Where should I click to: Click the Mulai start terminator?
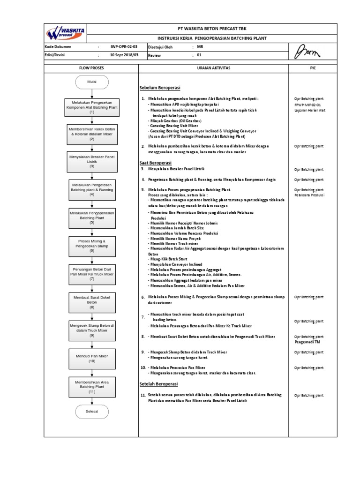92,82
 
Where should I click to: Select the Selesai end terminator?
92,411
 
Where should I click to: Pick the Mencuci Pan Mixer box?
92,359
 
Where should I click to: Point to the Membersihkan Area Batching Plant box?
92,387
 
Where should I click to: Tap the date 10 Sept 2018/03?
124,55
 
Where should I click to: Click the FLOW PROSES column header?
92,68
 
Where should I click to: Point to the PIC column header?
313,68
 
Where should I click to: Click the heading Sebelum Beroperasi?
160,88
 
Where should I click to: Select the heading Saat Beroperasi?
156,162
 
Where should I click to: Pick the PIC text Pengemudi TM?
307,342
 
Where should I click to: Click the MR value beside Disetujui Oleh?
200,47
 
